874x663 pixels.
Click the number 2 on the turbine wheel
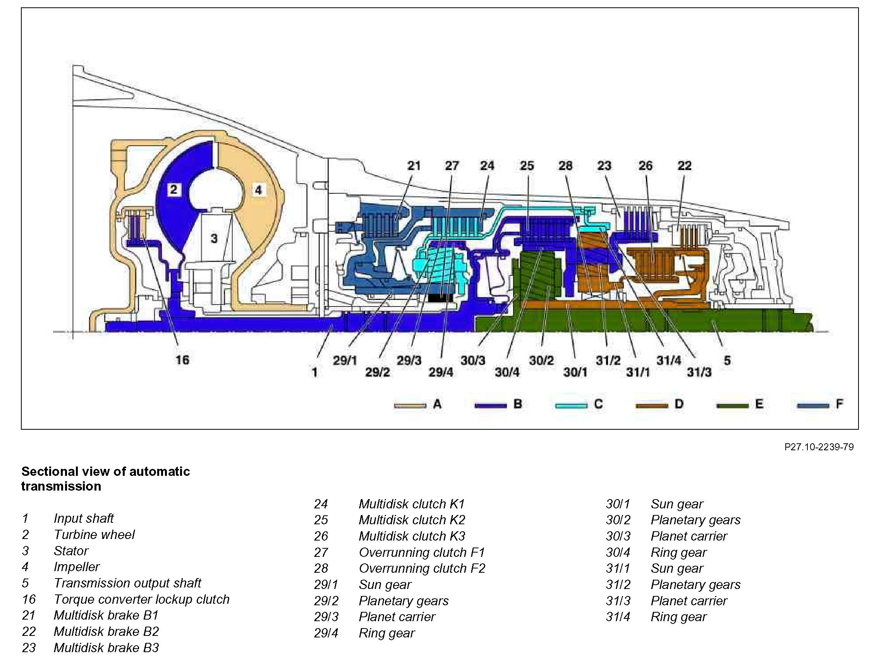tap(173, 189)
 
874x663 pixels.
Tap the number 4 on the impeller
tap(258, 190)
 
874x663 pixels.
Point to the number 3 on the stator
tap(214, 238)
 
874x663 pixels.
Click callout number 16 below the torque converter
tap(182, 360)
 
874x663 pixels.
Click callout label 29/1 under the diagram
tap(345, 360)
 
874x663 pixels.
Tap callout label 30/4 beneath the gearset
tap(507, 372)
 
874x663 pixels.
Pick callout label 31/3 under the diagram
tap(699, 372)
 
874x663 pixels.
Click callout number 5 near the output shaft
tap(727, 360)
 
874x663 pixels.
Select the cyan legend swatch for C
tap(571, 405)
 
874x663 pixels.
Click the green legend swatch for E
tap(732, 405)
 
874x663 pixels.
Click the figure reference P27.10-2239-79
tap(819, 447)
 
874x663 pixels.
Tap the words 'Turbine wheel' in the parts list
tap(94, 534)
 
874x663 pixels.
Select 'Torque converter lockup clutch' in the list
tap(141, 599)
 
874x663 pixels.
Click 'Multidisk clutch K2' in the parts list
tap(412, 520)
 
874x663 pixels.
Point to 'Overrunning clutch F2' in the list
tap(422, 568)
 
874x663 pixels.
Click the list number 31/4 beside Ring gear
tap(618, 617)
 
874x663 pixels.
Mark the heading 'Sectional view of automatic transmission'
tap(105, 479)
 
